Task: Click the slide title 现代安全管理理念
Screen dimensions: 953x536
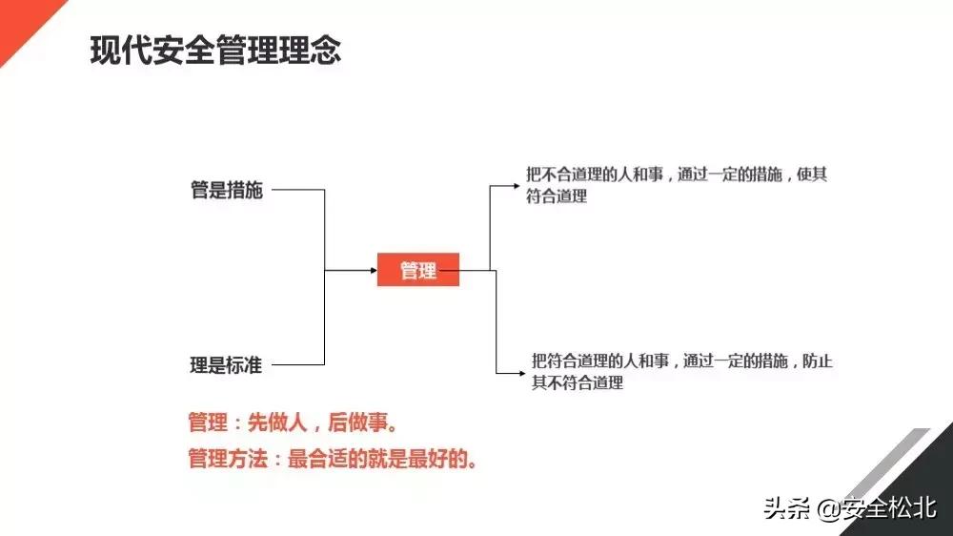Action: point(215,50)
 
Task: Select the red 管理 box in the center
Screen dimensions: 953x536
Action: point(418,271)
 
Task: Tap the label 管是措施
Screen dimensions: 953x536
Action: point(226,190)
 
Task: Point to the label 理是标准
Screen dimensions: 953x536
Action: point(226,364)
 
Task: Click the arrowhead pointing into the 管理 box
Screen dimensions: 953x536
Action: point(374,271)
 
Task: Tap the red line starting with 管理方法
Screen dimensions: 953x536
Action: point(332,459)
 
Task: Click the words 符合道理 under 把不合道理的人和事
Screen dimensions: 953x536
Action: point(557,197)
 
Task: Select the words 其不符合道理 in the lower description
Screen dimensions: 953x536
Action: point(578,383)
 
